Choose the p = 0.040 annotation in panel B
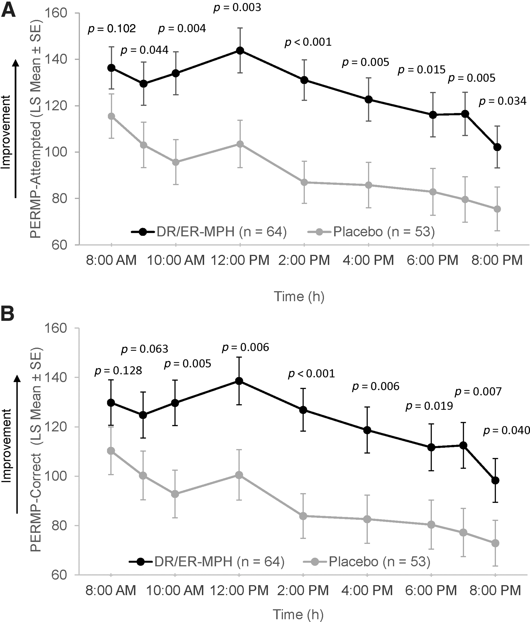pyautogui.click(x=506, y=431)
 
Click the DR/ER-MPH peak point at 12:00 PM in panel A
pyautogui.click(x=240, y=50)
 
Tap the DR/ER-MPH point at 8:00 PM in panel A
pyautogui.click(x=497, y=147)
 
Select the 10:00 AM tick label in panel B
pyautogui.click(x=175, y=590)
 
